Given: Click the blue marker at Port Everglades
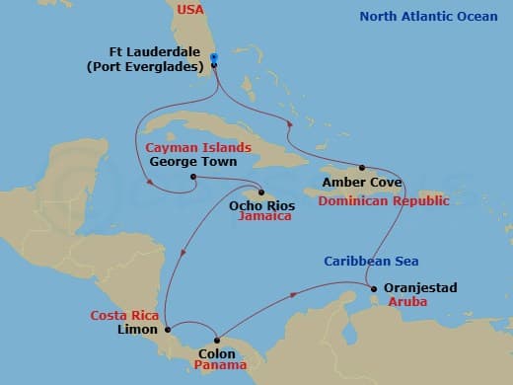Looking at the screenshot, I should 213,60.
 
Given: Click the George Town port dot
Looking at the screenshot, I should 193,178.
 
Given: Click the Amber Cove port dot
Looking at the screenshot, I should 362,168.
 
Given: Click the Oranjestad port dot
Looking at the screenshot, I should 374,289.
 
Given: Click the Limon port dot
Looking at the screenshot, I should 168,330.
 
